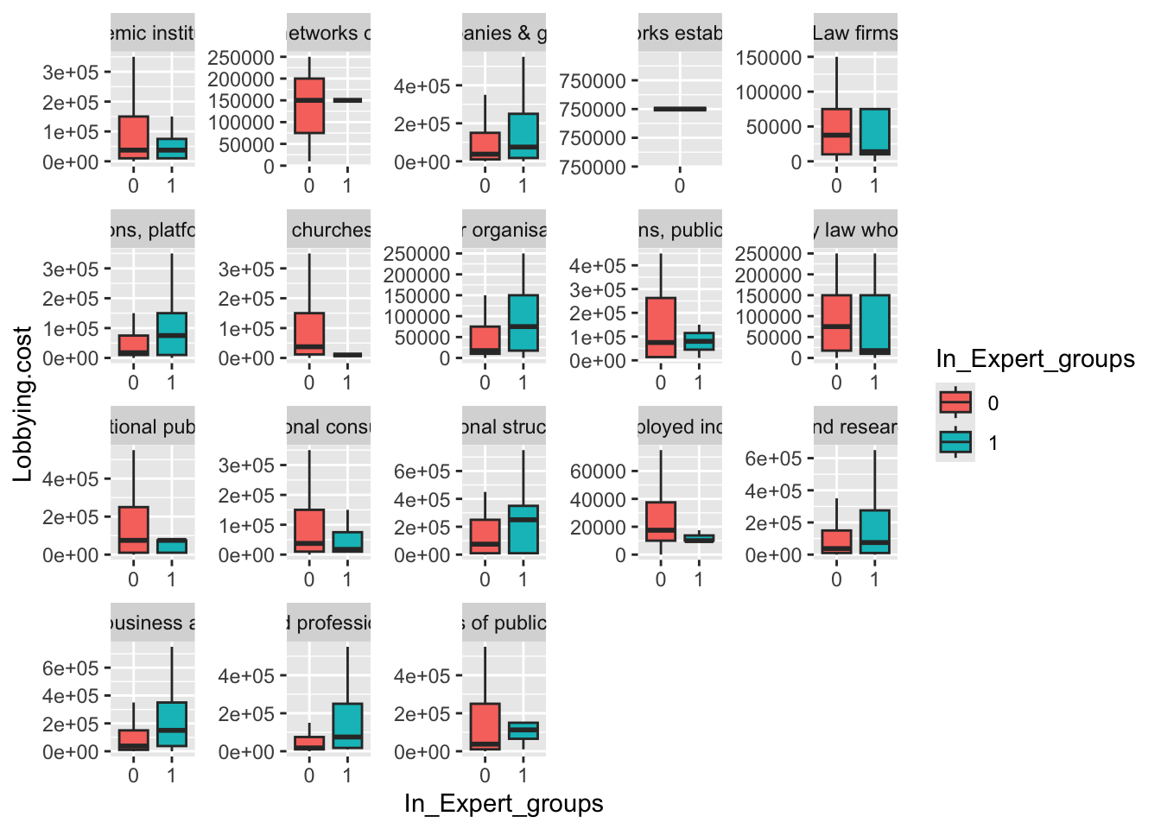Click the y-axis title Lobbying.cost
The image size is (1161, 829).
click(23, 403)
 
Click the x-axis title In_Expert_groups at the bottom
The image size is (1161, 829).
click(504, 804)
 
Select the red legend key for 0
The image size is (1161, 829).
click(955, 402)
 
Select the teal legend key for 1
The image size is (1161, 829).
click(955, 442)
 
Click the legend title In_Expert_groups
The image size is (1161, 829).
click(1035, 359)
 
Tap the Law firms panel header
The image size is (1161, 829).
click(854, 33)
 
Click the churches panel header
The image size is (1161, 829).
click(331, 230)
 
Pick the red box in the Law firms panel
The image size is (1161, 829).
click(836, 131)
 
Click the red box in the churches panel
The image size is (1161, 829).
click(309, 333)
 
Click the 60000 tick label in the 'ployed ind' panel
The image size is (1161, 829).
click(598, 471)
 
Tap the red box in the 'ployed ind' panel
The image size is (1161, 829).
click(661, 522)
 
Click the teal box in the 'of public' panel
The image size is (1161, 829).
click(523, 731)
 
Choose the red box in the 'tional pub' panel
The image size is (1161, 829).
click(134, 529)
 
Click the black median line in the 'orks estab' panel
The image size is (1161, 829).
click(680, 109)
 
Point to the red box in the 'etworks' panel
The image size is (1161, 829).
click(309, 105)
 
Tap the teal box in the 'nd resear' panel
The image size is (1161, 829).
click(874, 531)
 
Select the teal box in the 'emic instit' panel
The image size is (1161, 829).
click(172, 148)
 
